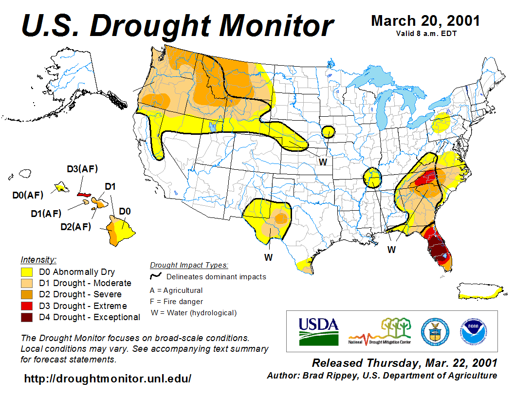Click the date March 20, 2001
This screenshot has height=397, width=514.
point(425,21)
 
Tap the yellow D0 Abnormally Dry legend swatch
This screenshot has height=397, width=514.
point(27,272)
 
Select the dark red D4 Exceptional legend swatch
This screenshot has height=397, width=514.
point(27,317)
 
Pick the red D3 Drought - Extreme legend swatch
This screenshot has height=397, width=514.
point(27,306)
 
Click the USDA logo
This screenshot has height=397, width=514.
point(318,331)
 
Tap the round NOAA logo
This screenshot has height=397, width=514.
point(472,331)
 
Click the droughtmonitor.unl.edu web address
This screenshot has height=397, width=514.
point(108,379)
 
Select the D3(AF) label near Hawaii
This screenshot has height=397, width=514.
point(82,169)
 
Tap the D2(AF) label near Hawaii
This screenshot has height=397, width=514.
point(75,226)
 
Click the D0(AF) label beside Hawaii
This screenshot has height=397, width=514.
point(28,196)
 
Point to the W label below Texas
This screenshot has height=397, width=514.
point(268,256)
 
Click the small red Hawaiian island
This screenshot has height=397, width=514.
point(84,194)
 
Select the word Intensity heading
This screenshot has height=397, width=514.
point(38,259)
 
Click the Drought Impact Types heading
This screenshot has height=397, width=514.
point(189,265)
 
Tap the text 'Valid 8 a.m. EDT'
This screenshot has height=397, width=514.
point(426,34)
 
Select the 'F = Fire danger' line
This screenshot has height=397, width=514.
point(176,302)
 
